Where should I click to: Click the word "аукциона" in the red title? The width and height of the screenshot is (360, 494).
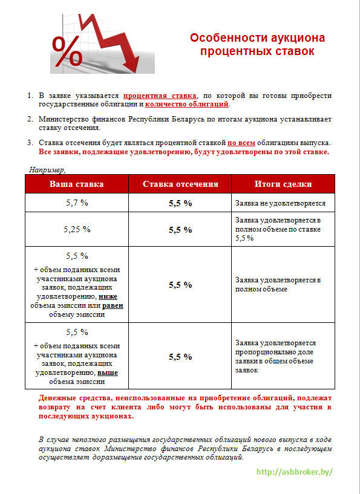(300, 38)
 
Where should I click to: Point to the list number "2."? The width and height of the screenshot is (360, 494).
(30, 119)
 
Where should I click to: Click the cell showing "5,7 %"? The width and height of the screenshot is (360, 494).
(77, 203)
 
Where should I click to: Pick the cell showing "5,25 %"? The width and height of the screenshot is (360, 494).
(77, 229)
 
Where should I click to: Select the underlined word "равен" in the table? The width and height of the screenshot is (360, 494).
(113, 305)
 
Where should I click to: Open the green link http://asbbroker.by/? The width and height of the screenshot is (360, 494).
(295, 472)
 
